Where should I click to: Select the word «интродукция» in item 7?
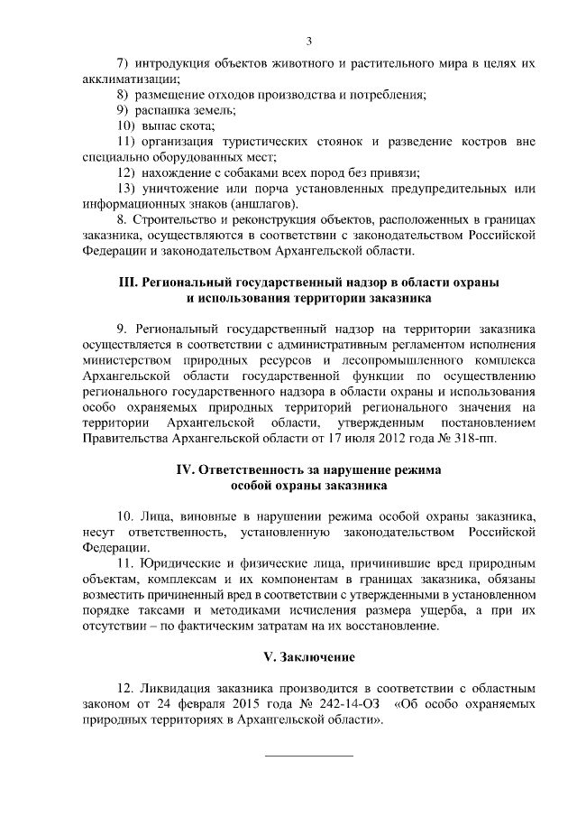pyautogui.click(x=174, y=63)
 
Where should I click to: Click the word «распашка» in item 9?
pyautogui.click(x=161, y=110)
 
